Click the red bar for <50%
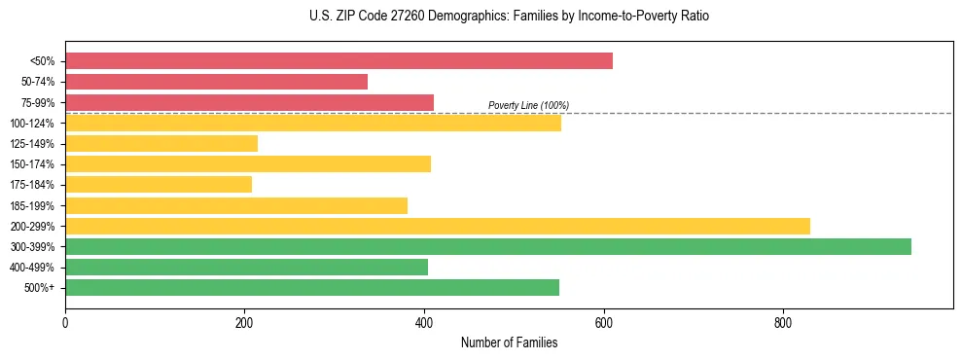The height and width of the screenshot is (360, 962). pos(338,61)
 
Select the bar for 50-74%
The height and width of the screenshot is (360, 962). pos(216,82)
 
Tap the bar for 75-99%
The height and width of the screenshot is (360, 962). pos(249,102)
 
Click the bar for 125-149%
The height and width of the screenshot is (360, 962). pos(161,143)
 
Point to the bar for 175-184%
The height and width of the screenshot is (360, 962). pos(159,184)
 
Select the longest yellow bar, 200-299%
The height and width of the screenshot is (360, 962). pos(438,226)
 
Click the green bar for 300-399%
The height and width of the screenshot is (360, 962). pos(488,246)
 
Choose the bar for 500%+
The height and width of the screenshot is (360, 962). pos(312,287)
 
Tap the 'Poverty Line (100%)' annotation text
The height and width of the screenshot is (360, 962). pos(528,105)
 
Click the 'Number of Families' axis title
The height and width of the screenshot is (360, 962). pos(509,342)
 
